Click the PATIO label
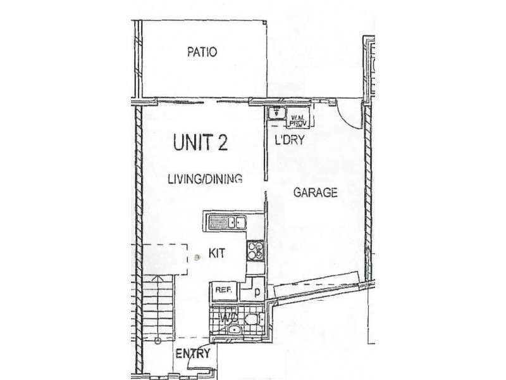pyautogui.click(x=202, y=53)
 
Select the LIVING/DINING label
pyautogui.click(x=205, y=179)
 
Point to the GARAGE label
pyautogui.click(x=314, y=193)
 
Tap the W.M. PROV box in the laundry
pyautogui.click(x=299, y=120)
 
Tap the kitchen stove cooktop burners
pyautogui.click(x=256, y=250)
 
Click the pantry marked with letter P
pyautogui.click(x=257, y=292)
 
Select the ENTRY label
pyautogui.click(x=192, y=354)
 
